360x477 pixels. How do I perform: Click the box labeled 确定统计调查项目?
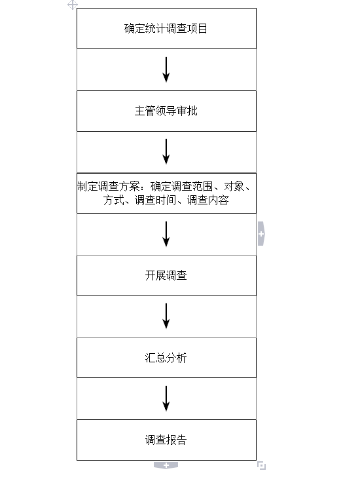[166, 28]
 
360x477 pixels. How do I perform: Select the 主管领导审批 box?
[166, 111]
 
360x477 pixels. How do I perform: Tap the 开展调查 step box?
[166, 275]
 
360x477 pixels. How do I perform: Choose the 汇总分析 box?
[166, 358]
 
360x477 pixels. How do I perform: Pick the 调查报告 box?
[166, 440]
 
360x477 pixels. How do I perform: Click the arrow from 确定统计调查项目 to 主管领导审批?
[166, 69]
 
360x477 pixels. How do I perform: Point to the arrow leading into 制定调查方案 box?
[166, 152]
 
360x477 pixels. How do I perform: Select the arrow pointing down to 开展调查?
[166, 235]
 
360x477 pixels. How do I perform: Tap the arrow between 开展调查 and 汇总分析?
[166, 316]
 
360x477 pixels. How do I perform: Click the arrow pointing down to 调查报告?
[166, 399]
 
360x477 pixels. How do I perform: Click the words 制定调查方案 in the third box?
[109, 187]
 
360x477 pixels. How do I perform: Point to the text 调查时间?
[155, 200]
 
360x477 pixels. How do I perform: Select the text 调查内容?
[207, 200]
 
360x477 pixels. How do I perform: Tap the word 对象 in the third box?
[234, 187]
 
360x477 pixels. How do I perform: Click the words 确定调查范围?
[181, 187]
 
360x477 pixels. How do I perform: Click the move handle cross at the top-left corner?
[73, 5]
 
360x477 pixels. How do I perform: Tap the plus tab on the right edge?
[261, 234]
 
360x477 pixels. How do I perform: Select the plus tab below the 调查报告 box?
[166, 465]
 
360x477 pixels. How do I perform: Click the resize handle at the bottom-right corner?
[261, 465]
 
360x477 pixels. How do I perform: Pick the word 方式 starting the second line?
[113, 200]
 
